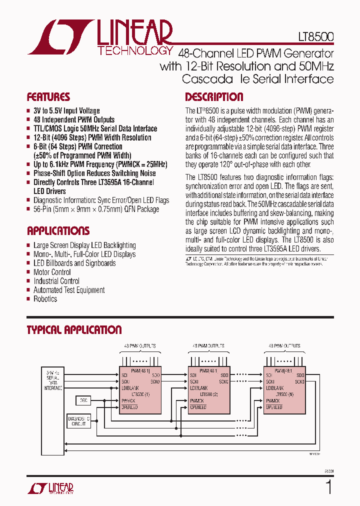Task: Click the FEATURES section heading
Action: [48, 97]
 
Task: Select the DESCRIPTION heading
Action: [214, 97]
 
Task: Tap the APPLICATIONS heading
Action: [58, 230]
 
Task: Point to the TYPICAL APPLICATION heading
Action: [74, 330]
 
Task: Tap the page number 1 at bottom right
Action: [328, 487]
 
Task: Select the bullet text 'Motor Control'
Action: [52, 272]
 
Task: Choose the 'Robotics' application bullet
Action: [45, 299]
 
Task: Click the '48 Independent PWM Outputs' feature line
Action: [74, 120]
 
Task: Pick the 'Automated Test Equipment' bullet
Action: [69, 290]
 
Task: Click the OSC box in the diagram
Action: [83, 400]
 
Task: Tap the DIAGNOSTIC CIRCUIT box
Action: [78, 421]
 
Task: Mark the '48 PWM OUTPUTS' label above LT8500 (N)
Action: [284, 345]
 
